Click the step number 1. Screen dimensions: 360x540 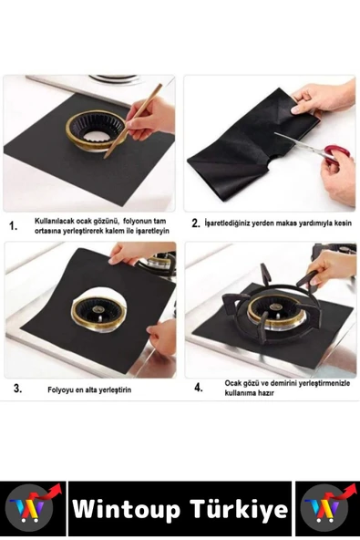pyautogui.click(x=13, y=226)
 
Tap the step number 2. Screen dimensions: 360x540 pyautogui.click(x=196, y=223)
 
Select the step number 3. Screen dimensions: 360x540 pyautogui.click(x=17, y=389)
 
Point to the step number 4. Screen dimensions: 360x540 pyautogui.click(x=199, y=388)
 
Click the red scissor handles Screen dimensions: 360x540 pyautogui.click(x=334, y=153)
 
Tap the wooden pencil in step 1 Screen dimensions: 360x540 pyautogui.click(x=133, y=121)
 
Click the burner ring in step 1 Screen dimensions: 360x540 pyautogui.click(x=96, y=130)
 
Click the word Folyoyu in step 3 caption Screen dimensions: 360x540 pyautogui.click(x=60, y=390)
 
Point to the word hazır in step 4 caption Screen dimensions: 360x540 pyautogui.click(x=266, y=393)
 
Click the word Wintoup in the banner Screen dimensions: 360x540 pyautogui.click(x=127, y=510)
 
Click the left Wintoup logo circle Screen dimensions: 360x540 pyautogui.click(x=31, y=508)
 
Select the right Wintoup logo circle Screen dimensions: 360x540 pyautogui.click(x=323, y=508)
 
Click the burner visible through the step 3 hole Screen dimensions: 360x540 pyautogui.click(x=98, y=313)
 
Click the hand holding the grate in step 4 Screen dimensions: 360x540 pyautogui.click(x=329, y=267)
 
